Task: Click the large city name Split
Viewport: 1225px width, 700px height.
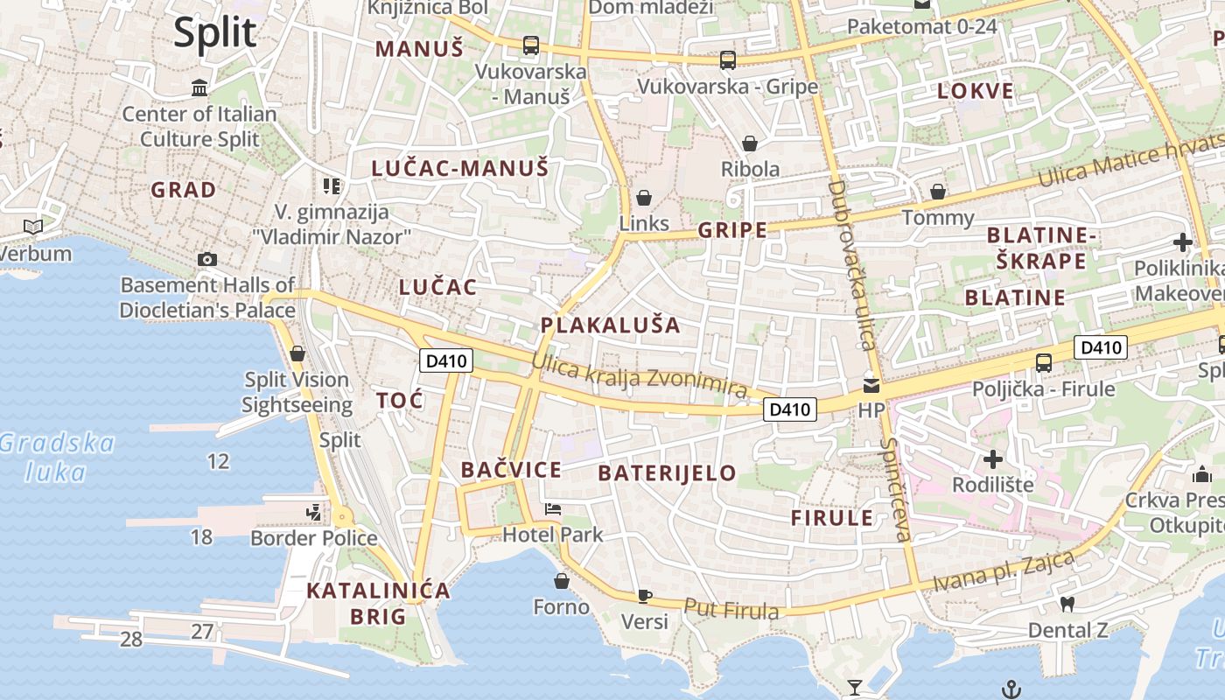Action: (x=214, y=33)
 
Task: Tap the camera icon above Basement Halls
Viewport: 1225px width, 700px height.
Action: (x=207, y=259)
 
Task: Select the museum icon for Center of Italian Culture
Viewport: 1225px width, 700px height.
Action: (x=199, y=88)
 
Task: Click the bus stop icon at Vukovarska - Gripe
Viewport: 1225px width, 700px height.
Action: (x=727, y=60)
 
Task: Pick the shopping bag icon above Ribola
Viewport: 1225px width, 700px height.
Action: (x=750, y=143)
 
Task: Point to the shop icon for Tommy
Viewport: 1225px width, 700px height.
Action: (x=938, y=191)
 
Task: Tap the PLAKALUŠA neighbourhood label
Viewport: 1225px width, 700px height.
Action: (x=610, y=325)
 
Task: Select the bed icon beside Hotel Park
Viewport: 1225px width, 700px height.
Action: (x=552, y=508)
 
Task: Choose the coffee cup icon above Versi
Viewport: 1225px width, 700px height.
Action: (x=645, y=596)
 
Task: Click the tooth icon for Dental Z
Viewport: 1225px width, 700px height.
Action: (x=1067, y=604)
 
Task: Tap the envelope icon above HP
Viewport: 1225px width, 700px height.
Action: (x=871, y=385)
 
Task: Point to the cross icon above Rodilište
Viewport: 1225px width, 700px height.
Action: (x=992, y=458)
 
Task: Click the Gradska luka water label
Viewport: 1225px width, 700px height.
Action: (x=57, y=458)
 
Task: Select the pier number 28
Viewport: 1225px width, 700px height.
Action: (x=131, y=640)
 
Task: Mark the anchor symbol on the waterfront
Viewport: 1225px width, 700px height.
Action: (x=1011, y=689)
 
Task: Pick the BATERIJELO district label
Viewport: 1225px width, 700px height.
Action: (x=667, y=473)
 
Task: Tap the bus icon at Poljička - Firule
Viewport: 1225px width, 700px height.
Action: (x=1043, y=362)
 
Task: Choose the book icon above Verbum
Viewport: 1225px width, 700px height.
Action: (x=33, y=227)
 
